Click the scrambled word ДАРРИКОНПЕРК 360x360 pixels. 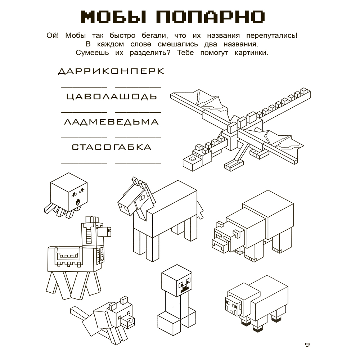[x=111, y=71]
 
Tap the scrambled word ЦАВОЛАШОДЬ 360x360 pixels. [x=112, y=96]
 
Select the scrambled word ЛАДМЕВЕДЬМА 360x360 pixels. [x=111, y=122]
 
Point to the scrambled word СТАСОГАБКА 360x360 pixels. [x=111, y=147]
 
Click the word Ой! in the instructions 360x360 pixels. [x=53, y=36]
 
